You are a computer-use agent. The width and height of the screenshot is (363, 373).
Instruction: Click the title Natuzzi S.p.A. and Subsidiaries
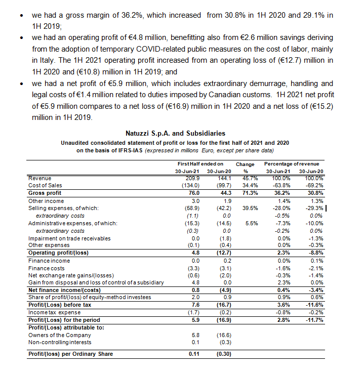coord(181,133)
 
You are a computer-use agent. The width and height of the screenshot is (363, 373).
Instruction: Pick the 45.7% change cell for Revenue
coord(245,178)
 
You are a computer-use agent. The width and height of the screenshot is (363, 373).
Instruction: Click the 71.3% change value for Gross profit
coord(245,192)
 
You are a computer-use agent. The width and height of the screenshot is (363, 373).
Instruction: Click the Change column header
coord(245,164)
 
